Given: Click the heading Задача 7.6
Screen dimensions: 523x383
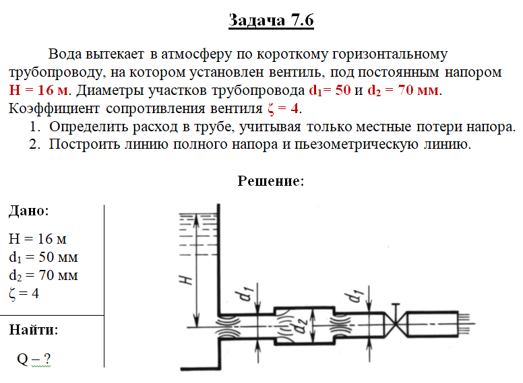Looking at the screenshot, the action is (271, 21).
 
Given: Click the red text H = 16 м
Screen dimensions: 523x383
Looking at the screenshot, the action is (40, 90).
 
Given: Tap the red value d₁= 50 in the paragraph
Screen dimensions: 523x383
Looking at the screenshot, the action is (330, 90).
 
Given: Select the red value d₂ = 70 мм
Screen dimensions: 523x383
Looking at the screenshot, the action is (403, 90).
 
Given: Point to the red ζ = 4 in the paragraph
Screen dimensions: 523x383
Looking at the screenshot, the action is (283, 108).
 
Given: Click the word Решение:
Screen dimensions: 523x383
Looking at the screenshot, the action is (271, 181).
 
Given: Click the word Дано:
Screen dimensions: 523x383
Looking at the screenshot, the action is (29, 211).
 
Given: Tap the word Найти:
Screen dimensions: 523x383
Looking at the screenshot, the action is (33, 330).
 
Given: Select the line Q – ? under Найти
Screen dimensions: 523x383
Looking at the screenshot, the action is (34, 359).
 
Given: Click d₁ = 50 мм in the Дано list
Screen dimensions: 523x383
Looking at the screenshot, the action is (43, 257).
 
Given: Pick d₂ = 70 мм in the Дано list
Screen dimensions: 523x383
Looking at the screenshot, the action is (43, 275).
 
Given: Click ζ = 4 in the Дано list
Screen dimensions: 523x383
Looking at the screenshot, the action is (24, 293).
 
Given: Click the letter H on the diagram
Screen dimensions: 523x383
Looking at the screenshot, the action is (186, 280).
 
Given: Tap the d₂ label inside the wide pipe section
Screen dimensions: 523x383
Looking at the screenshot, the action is (301, 326).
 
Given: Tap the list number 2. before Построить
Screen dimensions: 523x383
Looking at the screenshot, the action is (34, 145).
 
